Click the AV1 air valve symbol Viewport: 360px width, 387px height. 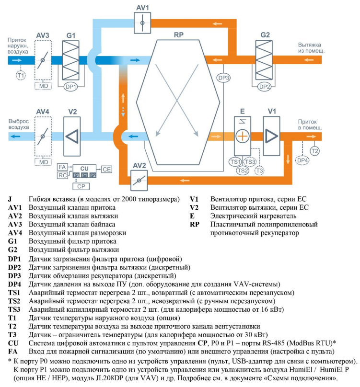tap(142, 22)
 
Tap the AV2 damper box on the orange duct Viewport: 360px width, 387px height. tap(139, 181)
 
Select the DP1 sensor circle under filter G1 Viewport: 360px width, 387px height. tap(71, 87)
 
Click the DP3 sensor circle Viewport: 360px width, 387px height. tap(224, 78)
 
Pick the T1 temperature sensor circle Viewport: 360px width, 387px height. tap(21, 75)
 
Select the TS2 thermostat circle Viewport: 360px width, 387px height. tap(243, 170)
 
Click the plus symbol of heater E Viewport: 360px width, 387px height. tap(243, 136)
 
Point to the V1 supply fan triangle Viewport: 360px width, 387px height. tap(272, 136)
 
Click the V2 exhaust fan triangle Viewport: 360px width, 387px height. tap(72, 136)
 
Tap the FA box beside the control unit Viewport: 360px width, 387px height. tap(61, 166)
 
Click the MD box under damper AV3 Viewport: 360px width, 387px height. tap(44, 86)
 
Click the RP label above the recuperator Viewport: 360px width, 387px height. tap(179, 35)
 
